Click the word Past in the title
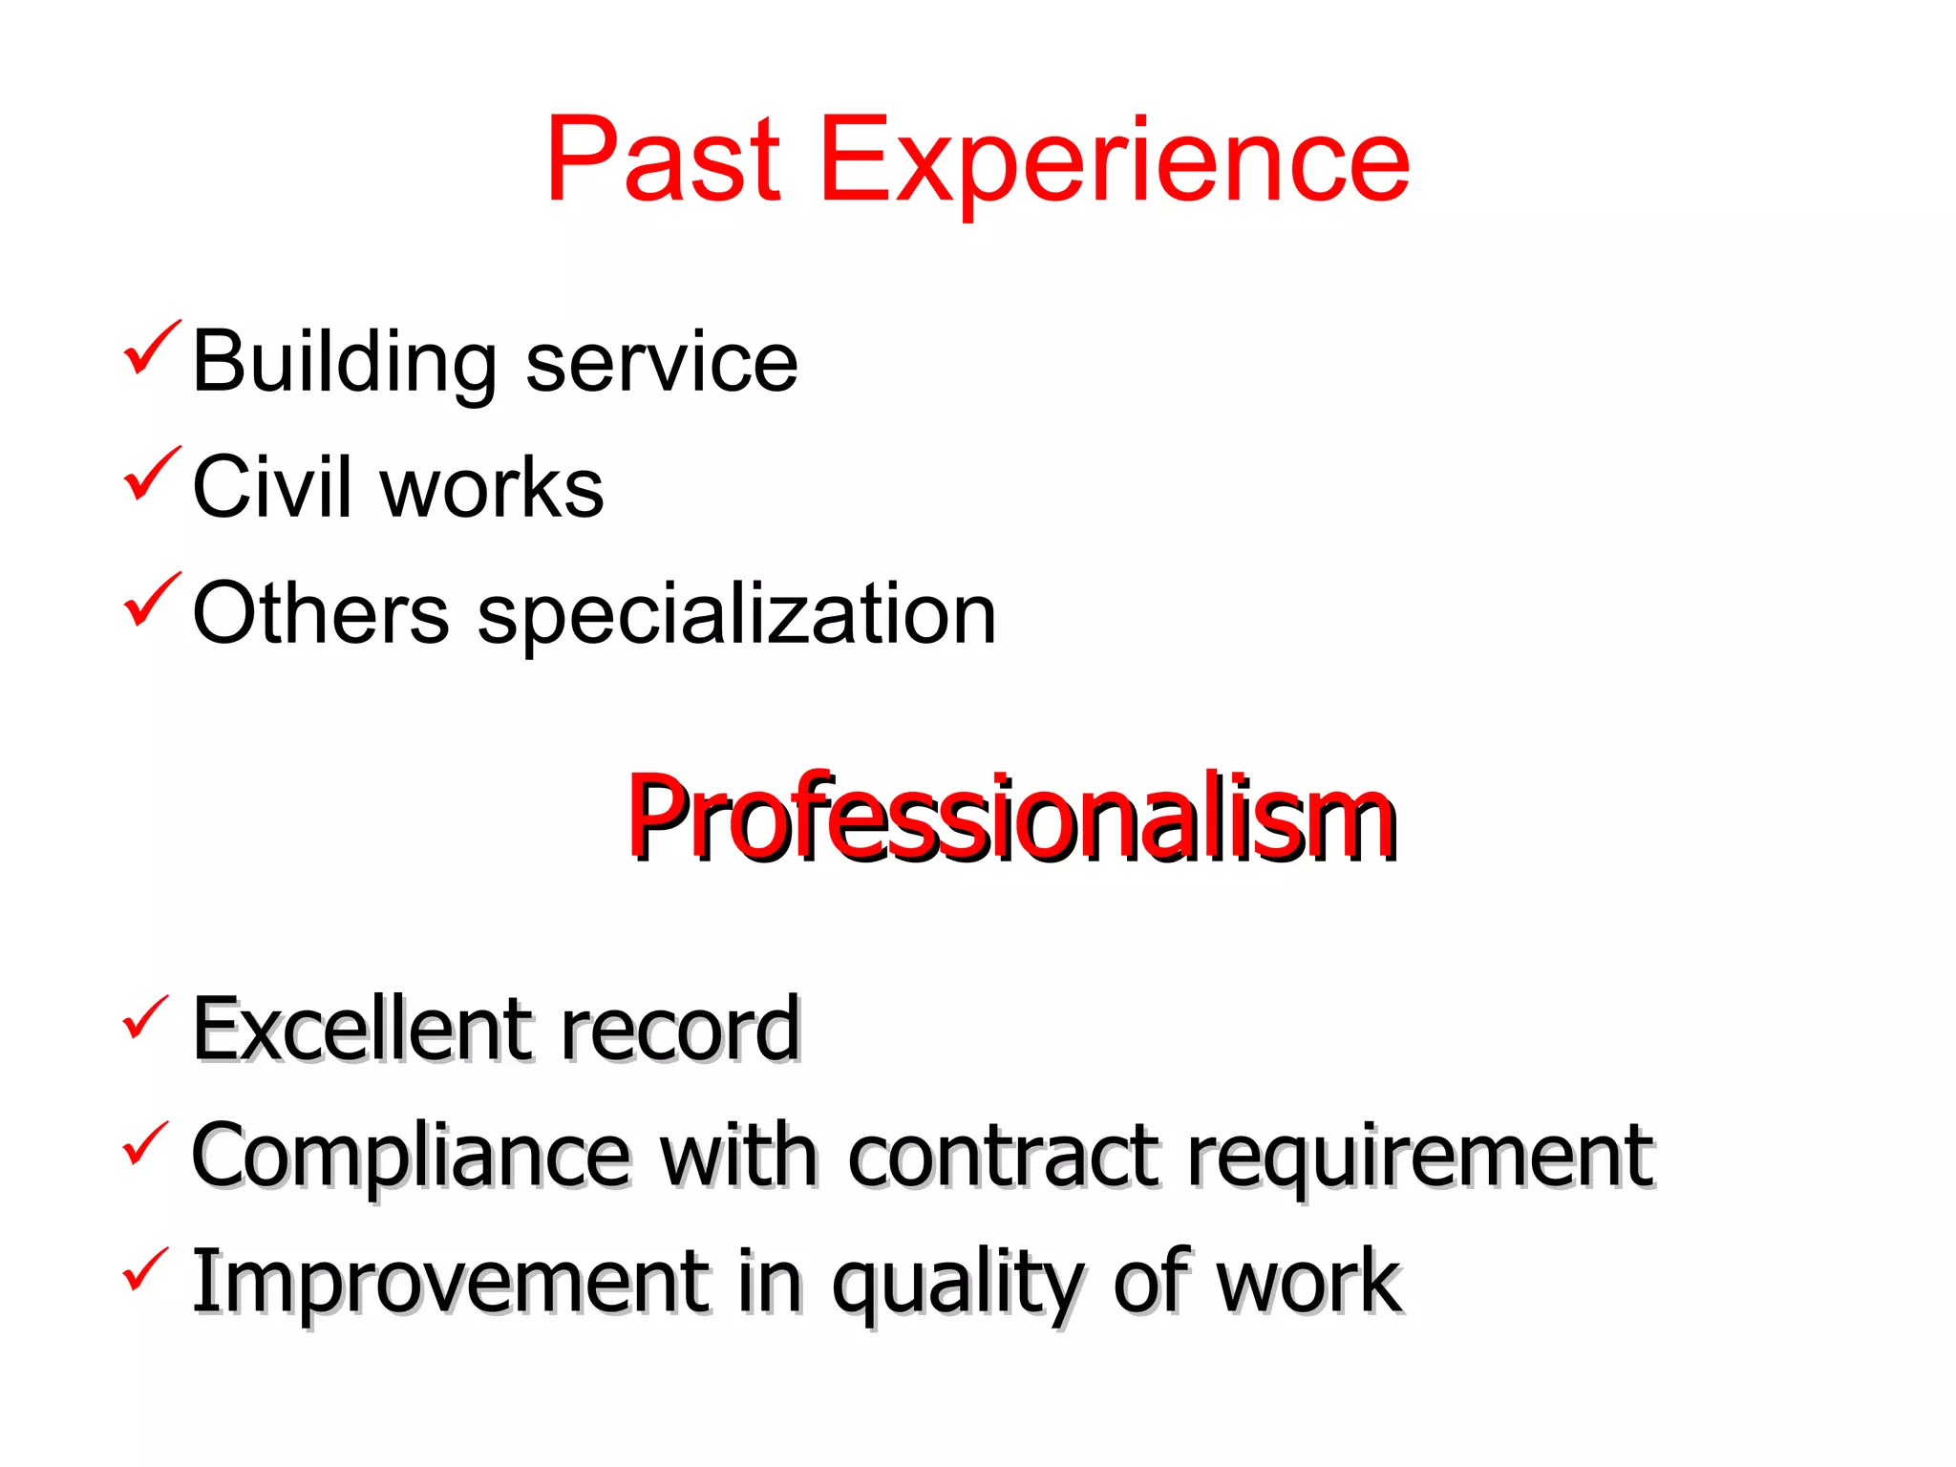664,159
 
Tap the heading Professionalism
1012,818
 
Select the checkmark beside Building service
151,350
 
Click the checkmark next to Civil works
151,475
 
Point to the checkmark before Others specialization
151,601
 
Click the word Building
344,363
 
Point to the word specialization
736,616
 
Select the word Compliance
411,1158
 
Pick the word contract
1003,1156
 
